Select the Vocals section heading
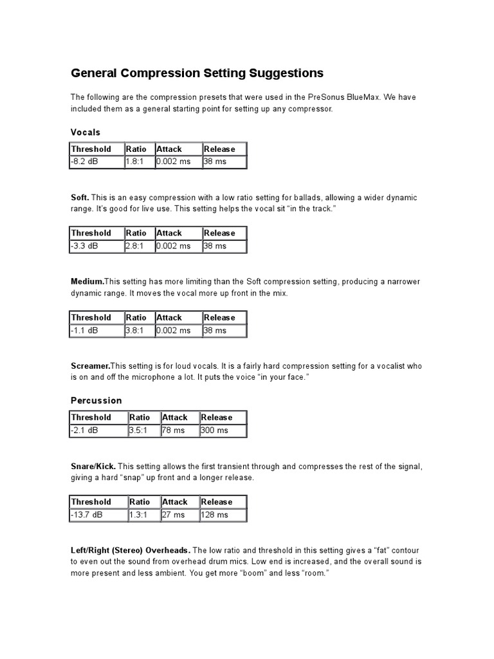point(86,132)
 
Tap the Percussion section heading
point(96,400)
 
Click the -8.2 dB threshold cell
point(96,162)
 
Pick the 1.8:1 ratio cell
point(139,162)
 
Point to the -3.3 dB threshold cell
point(96,246)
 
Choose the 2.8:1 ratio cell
point(139,246)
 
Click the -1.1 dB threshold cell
point(96,330)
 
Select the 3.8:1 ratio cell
point(139,330)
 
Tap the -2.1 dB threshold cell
point(98,431)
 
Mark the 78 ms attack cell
point(179,431)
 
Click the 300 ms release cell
point(223,431)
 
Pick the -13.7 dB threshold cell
point(98,515)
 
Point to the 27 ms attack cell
point(179,515)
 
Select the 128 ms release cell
point(223,515)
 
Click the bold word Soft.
point(80,198)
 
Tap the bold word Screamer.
point(90,366)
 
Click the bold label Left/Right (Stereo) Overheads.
point(130,550)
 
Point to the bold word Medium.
point(87,281)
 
